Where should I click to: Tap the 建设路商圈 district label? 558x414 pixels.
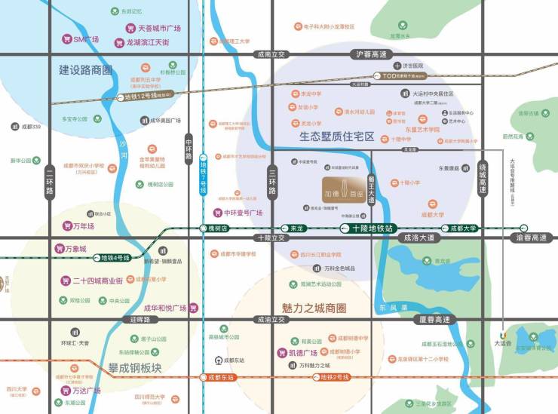(x=85, y=70)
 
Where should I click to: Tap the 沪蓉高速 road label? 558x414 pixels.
(x=371, y=54)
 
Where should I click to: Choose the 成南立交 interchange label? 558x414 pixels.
(x=271, y=54)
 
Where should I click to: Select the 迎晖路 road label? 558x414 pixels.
(x=139, y=319)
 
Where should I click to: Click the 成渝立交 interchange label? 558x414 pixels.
(x=271, y=319)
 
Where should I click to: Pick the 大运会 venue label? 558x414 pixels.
(x=503, y=343)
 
